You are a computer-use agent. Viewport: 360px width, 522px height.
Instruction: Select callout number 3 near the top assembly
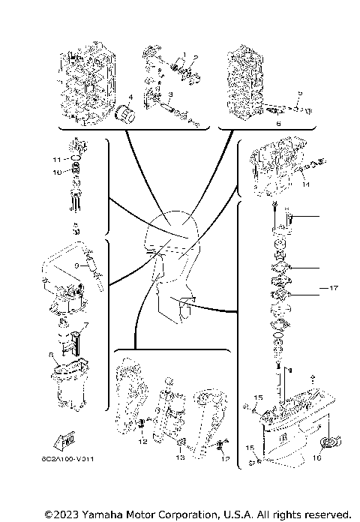[x=170, y=94]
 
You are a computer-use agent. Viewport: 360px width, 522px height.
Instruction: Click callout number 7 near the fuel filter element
[x=86, y=325]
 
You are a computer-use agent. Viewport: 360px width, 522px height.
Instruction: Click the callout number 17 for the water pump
[x=334, y=287]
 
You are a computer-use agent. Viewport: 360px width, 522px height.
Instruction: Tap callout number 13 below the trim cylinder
[x=180, y=457]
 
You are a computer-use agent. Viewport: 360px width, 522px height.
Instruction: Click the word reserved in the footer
[x=325, y=514]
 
